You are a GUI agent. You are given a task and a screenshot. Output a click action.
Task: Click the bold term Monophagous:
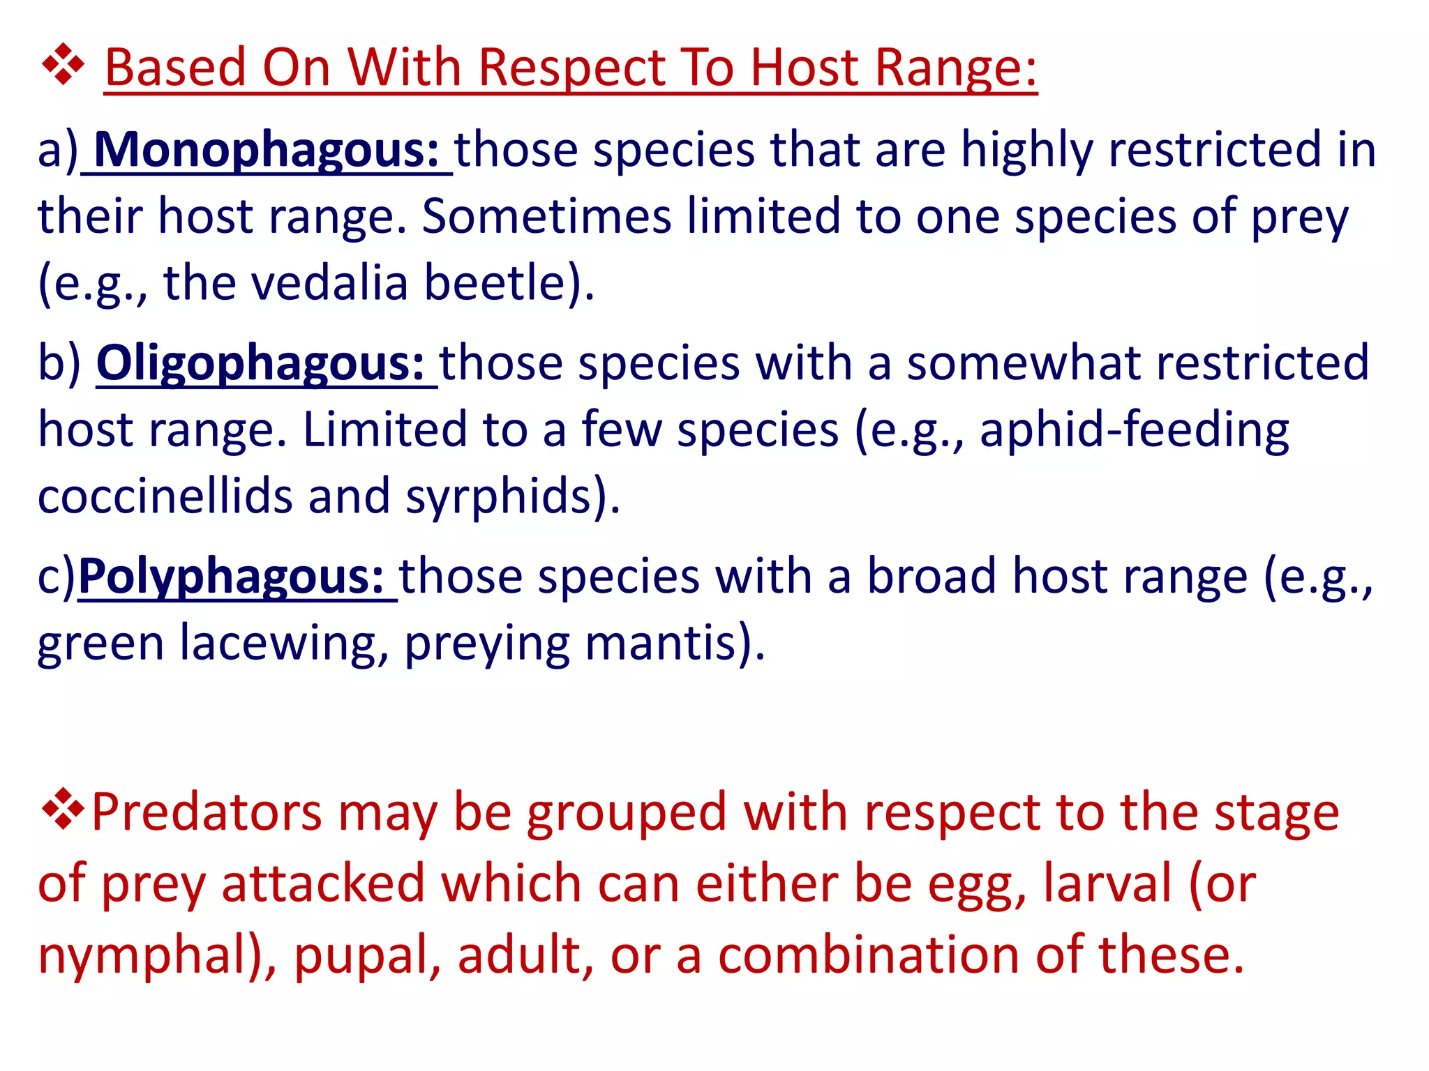click(266, 151)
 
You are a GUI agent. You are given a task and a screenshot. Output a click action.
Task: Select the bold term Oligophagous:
click(260, 364)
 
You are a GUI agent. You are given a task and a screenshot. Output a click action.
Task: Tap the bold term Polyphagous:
click(231, 577)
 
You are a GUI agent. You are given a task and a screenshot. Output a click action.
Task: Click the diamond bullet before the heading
click(63, 65)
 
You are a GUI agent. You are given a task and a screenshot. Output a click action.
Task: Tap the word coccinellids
click(165, 496)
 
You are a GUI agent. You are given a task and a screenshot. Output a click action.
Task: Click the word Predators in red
click(207, 813)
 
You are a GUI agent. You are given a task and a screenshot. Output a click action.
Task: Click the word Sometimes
click(546, 216)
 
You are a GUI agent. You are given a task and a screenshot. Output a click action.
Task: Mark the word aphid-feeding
click(1134, 430)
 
